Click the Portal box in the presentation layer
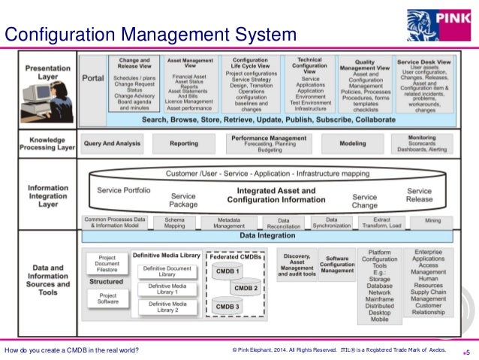coord(92,77)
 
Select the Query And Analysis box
coord(113,142)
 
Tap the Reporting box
coord(183,142)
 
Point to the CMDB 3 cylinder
coord(227,307)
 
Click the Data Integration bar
coord(268,235)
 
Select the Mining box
coord(432,221)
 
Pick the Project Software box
coord(107,299)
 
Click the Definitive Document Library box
coord(167,271)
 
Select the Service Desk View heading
coord(423,62)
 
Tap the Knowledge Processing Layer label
coord(48,143)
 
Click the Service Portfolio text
coord(123,190)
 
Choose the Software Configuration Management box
coord(337,265)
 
